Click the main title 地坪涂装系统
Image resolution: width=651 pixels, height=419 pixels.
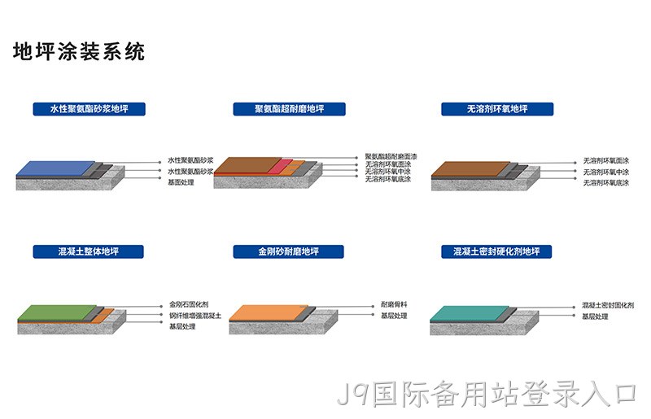pos(79,52)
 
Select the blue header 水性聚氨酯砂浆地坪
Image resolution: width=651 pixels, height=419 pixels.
pos(90,109)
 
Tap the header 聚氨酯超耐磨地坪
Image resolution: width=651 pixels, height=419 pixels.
pos(290,109)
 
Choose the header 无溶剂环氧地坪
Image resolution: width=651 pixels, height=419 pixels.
pos(497,109)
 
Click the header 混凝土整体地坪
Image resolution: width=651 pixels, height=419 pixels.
pos(89,251)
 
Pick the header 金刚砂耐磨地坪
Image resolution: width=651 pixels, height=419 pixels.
pos(289,251)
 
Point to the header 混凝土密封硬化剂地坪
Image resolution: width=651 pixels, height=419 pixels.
pos(496,251)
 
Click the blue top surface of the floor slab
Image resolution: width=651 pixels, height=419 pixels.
pos(56,168)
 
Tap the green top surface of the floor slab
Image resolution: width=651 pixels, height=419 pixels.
pos(57,312)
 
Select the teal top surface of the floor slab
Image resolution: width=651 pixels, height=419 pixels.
pos(470,313)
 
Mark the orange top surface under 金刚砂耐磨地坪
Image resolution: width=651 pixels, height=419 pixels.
pos(269,312)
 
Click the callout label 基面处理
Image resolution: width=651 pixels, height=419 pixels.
pos(181,182)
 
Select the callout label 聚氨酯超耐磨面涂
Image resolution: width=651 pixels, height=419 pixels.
pos(391,156)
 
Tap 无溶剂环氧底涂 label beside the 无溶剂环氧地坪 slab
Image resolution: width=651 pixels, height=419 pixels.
pos(606,183)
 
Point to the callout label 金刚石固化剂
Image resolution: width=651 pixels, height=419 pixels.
pos(189,304)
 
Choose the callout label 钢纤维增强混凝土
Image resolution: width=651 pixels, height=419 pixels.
pos(195,316)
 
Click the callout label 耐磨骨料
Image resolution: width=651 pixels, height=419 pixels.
pos(394,304)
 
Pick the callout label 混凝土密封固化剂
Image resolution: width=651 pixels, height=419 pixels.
pos(608,305)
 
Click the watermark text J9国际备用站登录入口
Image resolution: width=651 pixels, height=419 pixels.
pos(487,394)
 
